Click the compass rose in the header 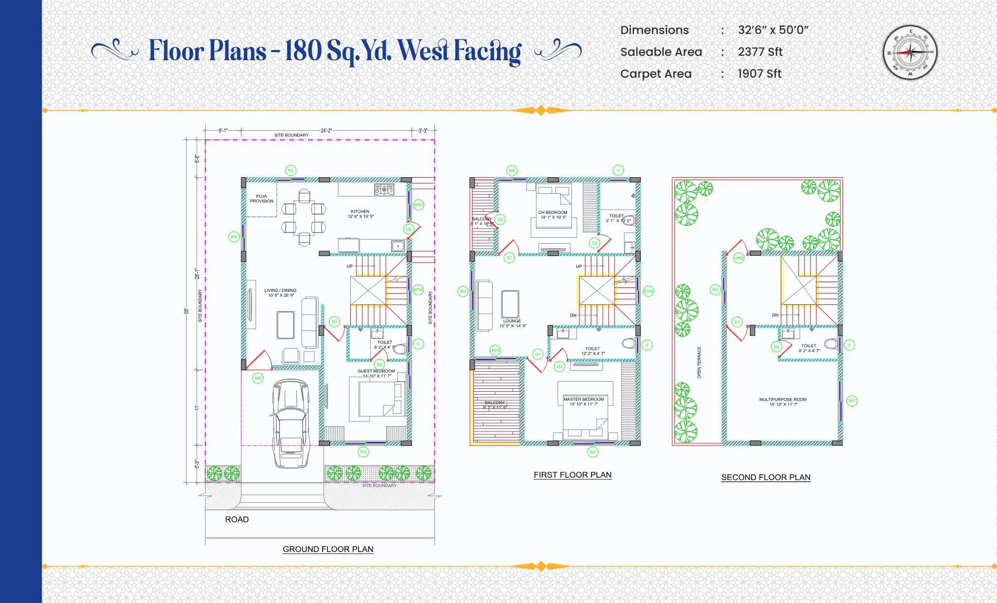tap(910, 52)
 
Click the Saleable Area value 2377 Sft tap(760, 52)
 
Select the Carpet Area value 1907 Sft tap(759, 74)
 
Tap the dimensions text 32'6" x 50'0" tap(773, 30)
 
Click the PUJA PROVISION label tap(261, 199)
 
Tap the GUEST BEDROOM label tap(377, 371)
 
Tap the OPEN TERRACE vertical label tap(699, 362)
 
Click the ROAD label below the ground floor tap(237, 519)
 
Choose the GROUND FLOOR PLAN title tap(328, 549)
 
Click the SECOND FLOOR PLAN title tap(766, 477)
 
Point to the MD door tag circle tap(258, 378)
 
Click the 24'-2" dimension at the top tap(326, 131)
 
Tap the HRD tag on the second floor tap(739, 258)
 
